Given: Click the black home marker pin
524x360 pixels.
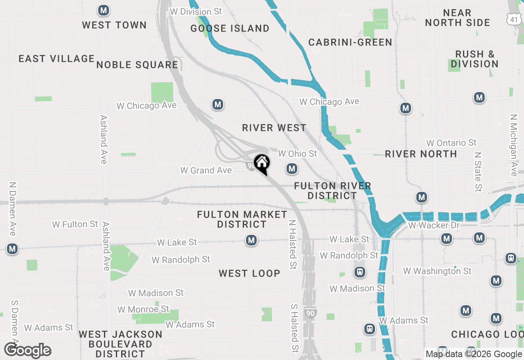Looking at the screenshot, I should (262, 164).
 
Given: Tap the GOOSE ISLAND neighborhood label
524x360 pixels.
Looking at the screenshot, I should (230, 28).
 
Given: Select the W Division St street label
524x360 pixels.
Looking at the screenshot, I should (196, 12).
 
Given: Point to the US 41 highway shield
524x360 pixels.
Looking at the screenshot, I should (513, 18).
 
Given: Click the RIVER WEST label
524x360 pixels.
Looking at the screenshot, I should (274, 128).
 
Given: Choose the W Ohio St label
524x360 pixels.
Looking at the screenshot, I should (298, 154).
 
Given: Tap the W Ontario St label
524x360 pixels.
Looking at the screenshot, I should (452, 143).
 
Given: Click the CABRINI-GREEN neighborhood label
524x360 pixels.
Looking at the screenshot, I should (350, 42).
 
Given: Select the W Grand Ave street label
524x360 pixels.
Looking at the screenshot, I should (206, 170).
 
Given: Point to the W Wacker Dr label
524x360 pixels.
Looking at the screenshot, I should (434, 225).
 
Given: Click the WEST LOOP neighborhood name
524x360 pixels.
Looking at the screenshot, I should (249, 273).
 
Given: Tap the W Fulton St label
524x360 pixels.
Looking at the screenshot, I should (75, 224).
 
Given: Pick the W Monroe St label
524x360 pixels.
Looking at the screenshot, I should (143, 309).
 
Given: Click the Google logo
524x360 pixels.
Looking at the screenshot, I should (28, 351).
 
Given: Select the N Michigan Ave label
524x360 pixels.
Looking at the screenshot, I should (514, 145).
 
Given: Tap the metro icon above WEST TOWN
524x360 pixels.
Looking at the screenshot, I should (104, 11).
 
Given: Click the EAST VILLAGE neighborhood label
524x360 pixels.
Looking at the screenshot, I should (56, 59).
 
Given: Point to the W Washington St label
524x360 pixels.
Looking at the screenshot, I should (437, 271).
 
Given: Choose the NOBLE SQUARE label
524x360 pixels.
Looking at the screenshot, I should (138, 65).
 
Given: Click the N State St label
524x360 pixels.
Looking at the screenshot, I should (478, 172).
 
